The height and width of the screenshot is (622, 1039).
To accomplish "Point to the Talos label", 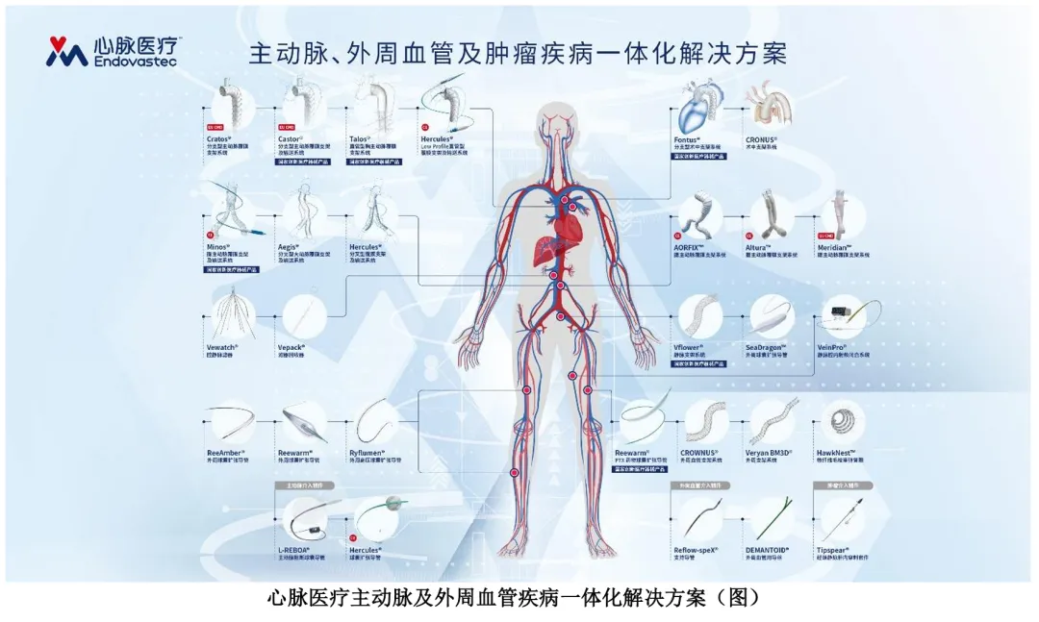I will (363, 138).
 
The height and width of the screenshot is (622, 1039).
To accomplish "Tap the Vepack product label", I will (291, 347).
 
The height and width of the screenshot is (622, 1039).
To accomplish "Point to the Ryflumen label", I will (368, 451).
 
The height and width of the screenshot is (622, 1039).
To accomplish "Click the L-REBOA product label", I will (295, 549).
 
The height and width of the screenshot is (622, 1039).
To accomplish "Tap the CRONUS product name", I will (762, 139).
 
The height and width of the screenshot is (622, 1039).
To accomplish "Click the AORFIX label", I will (690, 246).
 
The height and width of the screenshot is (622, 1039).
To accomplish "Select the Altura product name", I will (758, 246).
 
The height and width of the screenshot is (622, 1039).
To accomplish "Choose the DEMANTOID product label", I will (768, 549).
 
